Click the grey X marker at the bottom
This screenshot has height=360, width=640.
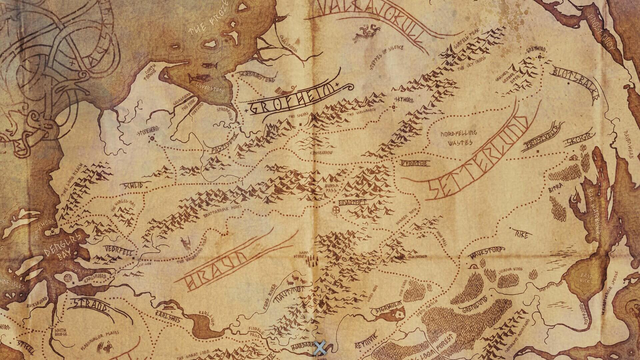[x=320, y=348]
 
